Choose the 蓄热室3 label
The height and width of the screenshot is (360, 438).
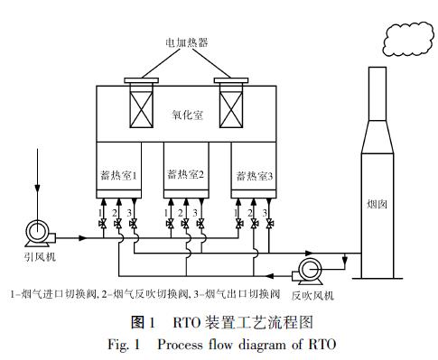254,175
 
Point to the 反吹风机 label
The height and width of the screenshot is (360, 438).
312,294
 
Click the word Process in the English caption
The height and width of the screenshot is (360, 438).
177,344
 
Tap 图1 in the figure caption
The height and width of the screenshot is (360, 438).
144,320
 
